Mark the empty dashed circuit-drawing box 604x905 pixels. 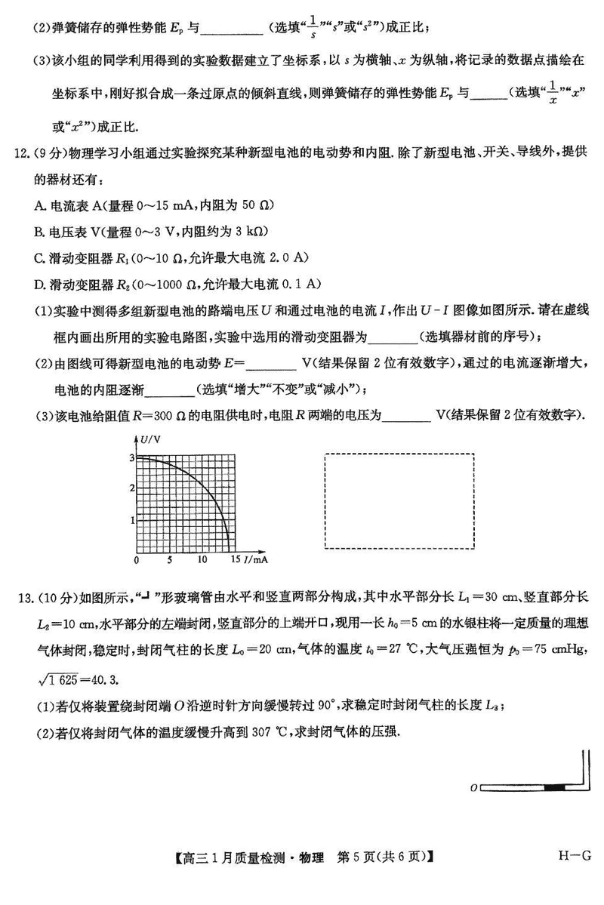pyautogui.click(x=399, y=501)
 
